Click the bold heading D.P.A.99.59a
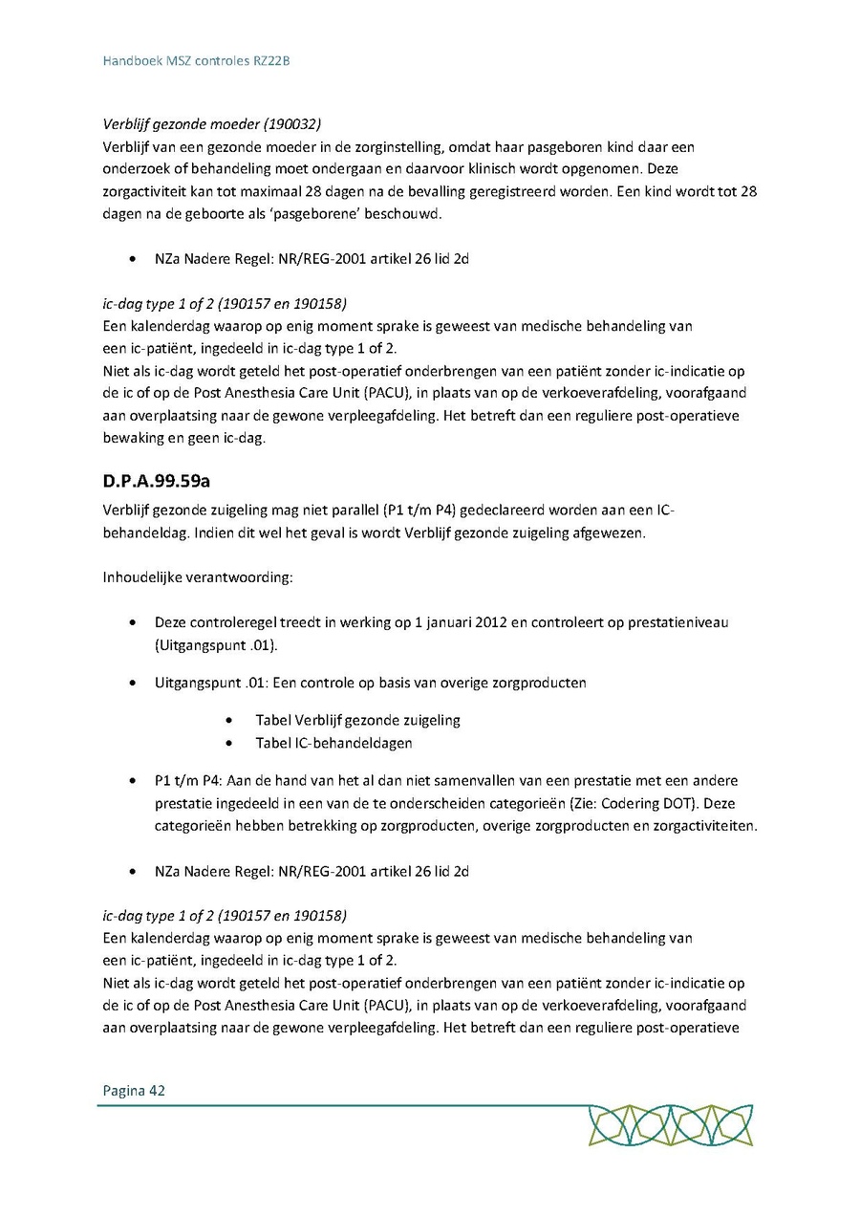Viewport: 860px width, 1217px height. click(157, 480)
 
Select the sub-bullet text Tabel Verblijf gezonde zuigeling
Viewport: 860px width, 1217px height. click(357, 720)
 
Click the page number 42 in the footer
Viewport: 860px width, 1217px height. click(157, 1090)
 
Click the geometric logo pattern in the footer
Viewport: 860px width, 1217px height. click(670, 1125)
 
